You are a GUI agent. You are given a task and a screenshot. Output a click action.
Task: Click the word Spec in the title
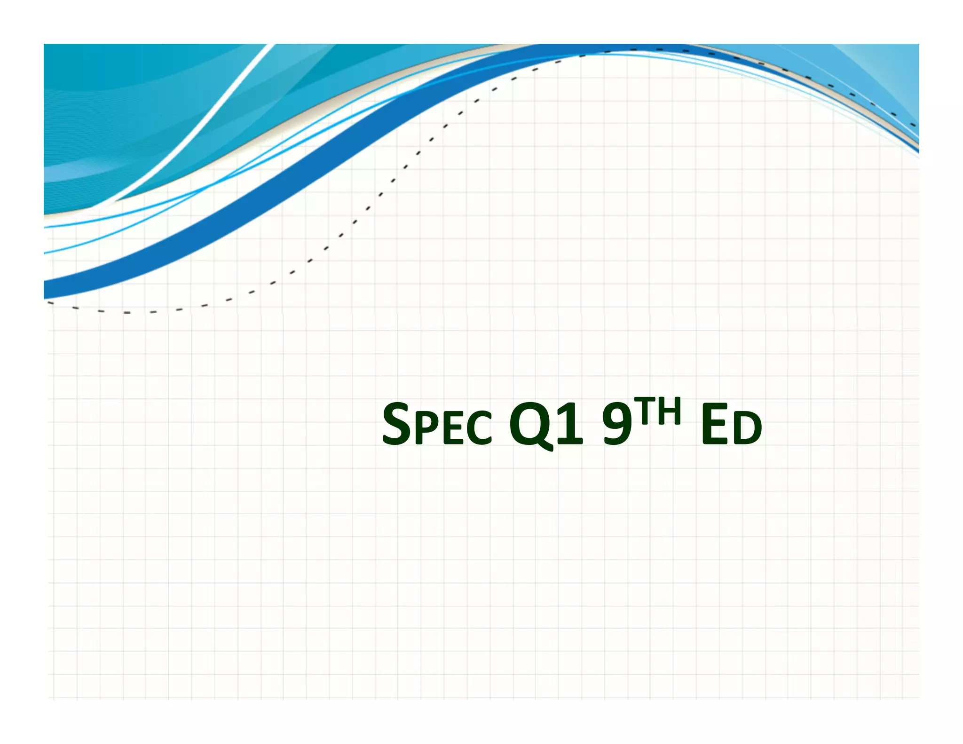pyautogui.click(x=437, y=425)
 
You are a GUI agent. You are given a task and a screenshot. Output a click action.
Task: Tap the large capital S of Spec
pyautogui.click(x=396, y=424)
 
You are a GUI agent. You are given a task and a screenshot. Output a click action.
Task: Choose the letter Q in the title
pyautogui.click(x=529, y=425)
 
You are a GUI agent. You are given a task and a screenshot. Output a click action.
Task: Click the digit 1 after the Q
pyautogui.click(x=569, y=425)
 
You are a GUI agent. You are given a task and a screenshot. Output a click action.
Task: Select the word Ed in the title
pyautogui.click(x=731, y=426)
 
